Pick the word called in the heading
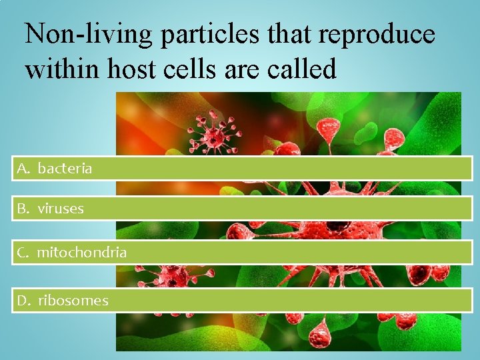(x=304, y=69)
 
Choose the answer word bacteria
(x=65, y=169)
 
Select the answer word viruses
(x=61, y=209)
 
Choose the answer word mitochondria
(x=81, y=253)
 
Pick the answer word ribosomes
(x=73, y=301)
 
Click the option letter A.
(x=23, y=169)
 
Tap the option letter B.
(x=23, y=209)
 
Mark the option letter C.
(x=23, y=253)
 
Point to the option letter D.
(x=23, y=301)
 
